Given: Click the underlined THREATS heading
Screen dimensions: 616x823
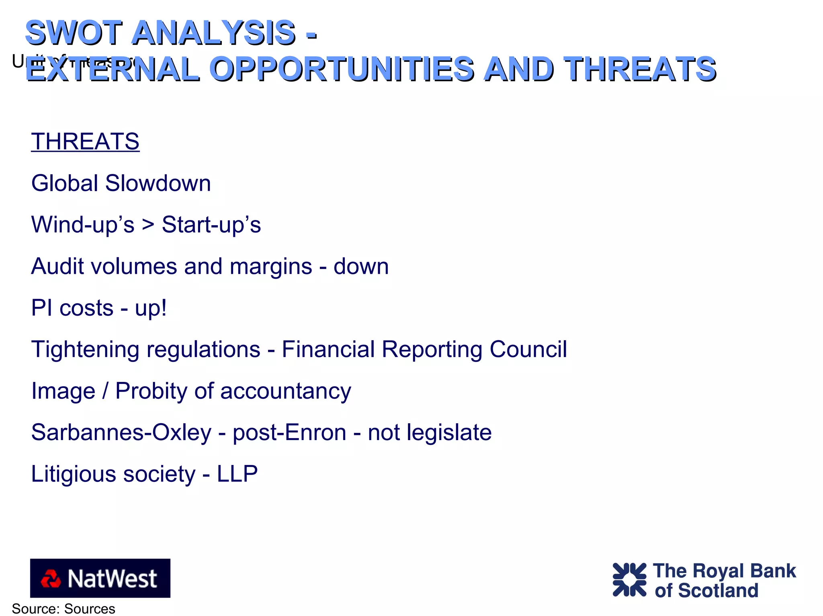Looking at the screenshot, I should click(x=85, y=142).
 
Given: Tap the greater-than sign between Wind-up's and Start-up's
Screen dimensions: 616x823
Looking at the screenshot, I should click(x=148, y=225).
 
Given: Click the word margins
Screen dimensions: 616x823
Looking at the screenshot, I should click(x=270, y=267).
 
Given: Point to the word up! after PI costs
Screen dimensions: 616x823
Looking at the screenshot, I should click(x=151, y=309).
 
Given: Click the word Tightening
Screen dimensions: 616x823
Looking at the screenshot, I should click(x=85, y=350).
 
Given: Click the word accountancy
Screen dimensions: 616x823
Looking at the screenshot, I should click(x=286, y=392).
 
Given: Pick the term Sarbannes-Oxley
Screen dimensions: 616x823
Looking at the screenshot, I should click(x=121, y=432).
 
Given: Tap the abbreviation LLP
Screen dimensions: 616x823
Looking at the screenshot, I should click(x=237, y=474).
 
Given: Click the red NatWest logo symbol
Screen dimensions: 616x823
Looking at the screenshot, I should click(x=51, y=579).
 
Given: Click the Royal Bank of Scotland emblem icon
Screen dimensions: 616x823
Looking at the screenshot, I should click(x=629, y=579).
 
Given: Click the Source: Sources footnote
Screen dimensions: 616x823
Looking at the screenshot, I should click(x=63, y=609).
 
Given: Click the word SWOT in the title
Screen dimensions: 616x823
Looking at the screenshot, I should click(x=74, y=33).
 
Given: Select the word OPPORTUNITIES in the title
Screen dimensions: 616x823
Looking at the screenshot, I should click(x=342, y=69).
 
